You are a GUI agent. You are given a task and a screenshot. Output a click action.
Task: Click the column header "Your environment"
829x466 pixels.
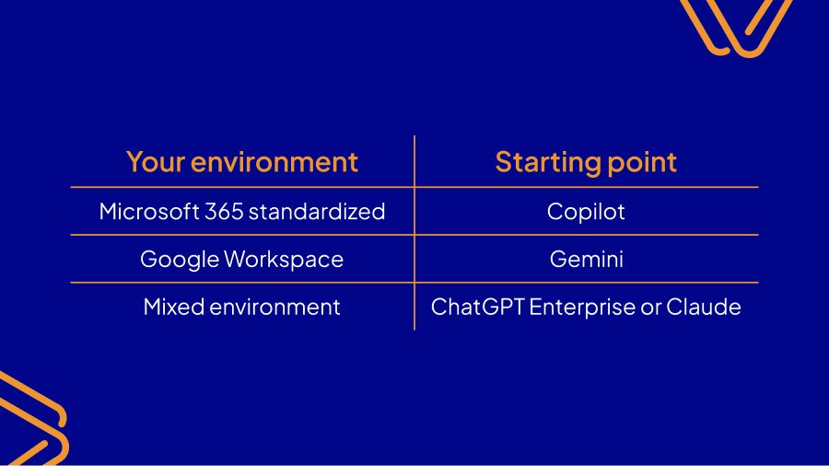click(x=241, y=162)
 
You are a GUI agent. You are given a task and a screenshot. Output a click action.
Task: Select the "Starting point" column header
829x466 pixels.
click(x=586, y=162)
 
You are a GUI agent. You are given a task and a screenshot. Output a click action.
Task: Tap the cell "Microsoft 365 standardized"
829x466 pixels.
click(x=241, y=212)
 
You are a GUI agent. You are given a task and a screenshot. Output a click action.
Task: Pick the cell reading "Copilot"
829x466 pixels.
click(x=586, y=212)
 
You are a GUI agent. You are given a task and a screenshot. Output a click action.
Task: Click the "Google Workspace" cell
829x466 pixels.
click(x=241, y=260)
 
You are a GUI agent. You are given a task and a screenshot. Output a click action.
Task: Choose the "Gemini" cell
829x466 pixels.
click(x=586, y=260)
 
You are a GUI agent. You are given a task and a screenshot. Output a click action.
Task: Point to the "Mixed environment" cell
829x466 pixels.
click(x=241, y=307)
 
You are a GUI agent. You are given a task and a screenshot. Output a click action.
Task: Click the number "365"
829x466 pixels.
click(x=223, y=212)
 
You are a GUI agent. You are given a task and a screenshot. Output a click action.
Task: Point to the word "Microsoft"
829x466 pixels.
click(x=148, y=212)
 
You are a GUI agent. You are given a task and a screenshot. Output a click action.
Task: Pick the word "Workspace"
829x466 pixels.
click(x=284, y=260)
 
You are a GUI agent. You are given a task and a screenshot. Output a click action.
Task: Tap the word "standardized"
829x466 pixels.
click(x=317, y=212)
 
